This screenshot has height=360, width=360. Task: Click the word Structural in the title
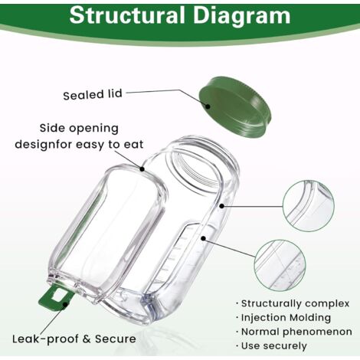126,15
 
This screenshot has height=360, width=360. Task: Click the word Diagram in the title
242,16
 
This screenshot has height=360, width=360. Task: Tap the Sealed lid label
93,94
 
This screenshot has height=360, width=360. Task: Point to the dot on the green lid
208,106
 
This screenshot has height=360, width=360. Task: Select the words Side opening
79,129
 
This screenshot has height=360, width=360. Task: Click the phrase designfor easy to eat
79,145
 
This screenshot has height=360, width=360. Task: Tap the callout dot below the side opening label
142,169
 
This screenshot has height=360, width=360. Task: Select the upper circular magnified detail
308,206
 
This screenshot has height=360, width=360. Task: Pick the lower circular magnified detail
280,265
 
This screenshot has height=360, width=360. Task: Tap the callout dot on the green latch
66,304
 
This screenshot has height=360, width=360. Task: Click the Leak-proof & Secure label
74,339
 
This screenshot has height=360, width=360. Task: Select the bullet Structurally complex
293,303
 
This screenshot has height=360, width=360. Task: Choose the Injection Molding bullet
283,318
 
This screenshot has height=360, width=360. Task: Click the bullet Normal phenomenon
294,332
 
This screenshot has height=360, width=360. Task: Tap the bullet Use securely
271,346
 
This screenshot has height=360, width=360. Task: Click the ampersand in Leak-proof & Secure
87,339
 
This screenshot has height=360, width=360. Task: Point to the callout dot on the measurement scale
203,238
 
